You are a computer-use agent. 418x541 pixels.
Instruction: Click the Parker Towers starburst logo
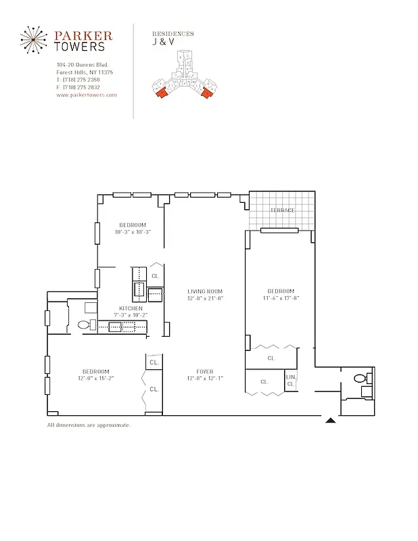pos(32,40)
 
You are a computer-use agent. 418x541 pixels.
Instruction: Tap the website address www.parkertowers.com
pos(87,95)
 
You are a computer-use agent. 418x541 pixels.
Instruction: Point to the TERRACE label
pos(282,210)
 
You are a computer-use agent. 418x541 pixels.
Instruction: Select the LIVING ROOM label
pos(205,291)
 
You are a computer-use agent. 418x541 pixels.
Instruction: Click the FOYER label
pos(205,371)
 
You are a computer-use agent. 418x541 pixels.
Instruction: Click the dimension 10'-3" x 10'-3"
pos(133,232)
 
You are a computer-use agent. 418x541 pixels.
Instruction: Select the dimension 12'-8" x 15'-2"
pos(96,377)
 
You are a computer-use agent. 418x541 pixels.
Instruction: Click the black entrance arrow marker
pos(331,421)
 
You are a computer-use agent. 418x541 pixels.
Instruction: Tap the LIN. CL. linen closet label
pos(291,380)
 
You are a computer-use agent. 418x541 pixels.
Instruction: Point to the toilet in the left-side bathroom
pos(85,325)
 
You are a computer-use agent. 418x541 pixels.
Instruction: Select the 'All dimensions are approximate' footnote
pos(89,425)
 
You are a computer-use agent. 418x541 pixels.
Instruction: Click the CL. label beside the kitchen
pos(155,276)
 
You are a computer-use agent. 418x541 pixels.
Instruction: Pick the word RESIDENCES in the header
pos(173,33)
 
